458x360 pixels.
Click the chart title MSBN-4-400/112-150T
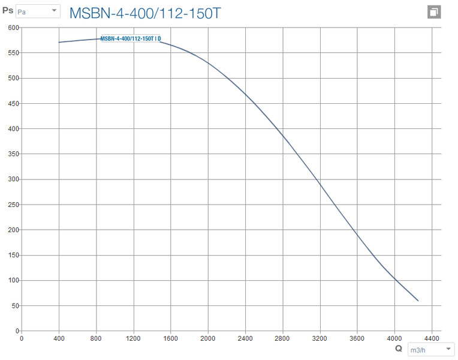145,13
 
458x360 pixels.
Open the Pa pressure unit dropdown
37,11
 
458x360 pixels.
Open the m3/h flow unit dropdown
430,350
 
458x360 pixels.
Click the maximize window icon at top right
434,13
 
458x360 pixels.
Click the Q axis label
399,348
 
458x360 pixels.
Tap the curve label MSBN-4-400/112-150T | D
131,39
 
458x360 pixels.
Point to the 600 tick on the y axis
13,28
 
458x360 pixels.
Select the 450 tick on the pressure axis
13,104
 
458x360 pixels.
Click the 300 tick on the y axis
13,179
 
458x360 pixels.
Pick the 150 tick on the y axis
13,255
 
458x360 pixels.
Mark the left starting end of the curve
59,43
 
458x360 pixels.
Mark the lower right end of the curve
418,301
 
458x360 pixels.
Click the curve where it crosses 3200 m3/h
320,182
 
